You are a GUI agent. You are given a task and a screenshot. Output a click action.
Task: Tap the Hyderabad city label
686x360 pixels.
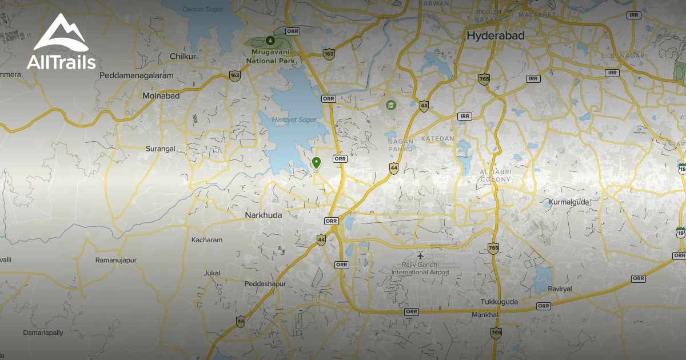tap(495, 35)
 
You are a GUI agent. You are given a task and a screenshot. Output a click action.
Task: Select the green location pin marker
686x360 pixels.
tap(316, 163)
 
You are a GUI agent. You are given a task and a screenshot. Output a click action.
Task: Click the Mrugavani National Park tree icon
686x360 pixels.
tap(270, 41)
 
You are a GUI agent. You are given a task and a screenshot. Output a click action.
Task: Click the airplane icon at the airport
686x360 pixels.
tap(421, 255)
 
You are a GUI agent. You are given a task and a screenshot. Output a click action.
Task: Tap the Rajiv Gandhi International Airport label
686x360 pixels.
tap(420, 269)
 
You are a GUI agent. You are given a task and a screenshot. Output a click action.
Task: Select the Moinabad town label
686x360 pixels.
tap(161, 96)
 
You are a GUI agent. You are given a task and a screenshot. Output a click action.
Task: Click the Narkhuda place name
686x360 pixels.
tap(264, 215)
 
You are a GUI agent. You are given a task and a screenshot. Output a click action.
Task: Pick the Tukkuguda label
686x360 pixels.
tap(498, 302)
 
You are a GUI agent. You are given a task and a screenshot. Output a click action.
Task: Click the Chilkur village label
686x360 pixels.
tap(183, 57)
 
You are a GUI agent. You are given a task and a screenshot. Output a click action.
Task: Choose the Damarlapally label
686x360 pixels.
tap(43, 332)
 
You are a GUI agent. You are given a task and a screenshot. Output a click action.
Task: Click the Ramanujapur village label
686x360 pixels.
tap(116, 260)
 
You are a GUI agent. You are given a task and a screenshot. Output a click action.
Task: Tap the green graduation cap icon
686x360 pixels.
tap(390, 105)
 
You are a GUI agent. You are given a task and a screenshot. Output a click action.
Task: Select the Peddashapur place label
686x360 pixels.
tap(265, 284)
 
